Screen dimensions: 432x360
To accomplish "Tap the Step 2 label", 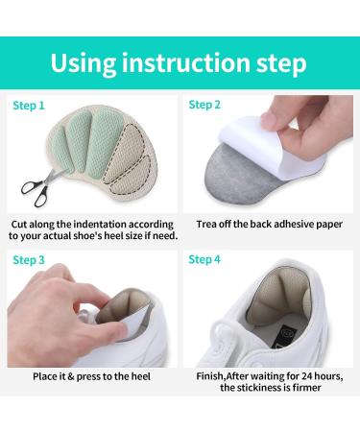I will pyautogui.click(x=204, y=105).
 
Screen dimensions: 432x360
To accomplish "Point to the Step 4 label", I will pyautogui.click(x=204, y=259).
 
